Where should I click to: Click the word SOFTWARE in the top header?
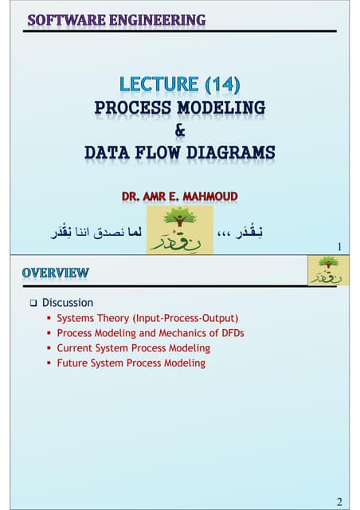(63, 20)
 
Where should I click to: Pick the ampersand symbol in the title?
(181, 130)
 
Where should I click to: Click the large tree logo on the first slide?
(180, 229)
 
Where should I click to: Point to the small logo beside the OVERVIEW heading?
(324, 271)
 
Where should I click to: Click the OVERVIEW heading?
(56, 273)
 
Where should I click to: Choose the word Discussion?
(68, 303)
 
